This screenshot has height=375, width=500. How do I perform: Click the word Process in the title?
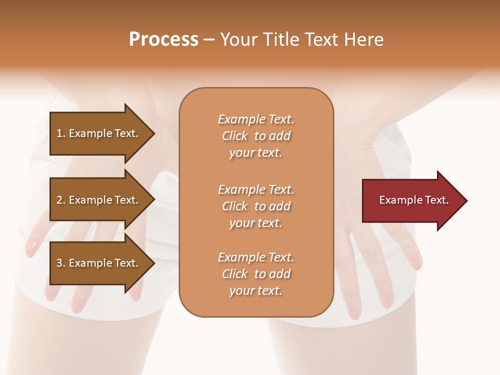click(x=164, y=40)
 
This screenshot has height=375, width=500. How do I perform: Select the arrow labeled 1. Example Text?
click(x=98, y=133)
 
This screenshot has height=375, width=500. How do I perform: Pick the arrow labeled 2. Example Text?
click(x=98, y=200)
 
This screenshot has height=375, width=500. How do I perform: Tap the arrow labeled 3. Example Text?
click(x=98, y=263)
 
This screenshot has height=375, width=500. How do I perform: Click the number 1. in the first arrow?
click(x=61, y=133)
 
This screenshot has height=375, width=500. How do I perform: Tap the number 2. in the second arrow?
click(x=61, y=200)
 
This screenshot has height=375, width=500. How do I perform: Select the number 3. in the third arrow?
click(x=61, y=263)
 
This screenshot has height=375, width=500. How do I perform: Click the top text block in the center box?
click(x=256, y=136)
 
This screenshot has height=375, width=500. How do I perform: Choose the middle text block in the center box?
click(x=256, y=206)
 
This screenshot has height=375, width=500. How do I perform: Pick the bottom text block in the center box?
click(x=256, y=274)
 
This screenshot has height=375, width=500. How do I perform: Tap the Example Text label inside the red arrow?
click(x=414, y=200)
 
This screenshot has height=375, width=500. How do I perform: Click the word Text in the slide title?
click(x=322, y=40)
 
